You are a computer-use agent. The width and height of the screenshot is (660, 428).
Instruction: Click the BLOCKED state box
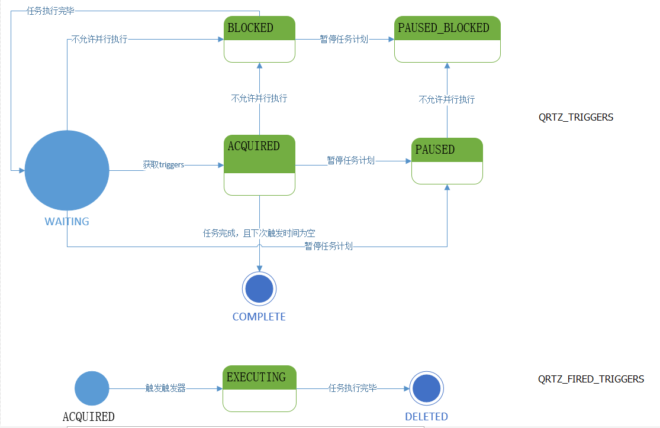tap(259, 39)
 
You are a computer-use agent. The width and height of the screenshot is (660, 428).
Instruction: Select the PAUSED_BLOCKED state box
tap(447, 39)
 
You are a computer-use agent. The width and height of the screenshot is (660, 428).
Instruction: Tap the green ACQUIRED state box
tap(259, 165)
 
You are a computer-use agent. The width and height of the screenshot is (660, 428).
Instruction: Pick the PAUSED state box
tap(447, 161)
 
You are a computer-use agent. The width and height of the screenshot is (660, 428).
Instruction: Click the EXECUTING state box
tap(259, 388)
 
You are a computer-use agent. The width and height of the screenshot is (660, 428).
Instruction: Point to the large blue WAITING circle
tap(67, 170)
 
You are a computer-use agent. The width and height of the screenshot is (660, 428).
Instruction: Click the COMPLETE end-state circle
tap(259, 289)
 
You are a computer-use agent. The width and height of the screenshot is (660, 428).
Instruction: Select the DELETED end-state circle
tap(426, 388)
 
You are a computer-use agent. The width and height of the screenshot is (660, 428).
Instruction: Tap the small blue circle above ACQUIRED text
tap(92, 388)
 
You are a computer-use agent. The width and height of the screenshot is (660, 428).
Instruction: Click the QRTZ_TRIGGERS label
tap(575, 117)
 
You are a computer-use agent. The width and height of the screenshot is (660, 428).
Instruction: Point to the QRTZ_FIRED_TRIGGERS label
tap(591, 379)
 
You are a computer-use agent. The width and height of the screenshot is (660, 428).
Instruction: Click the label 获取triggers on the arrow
tap(163, 165)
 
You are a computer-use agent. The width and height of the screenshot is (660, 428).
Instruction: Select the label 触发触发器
tap(166, 388)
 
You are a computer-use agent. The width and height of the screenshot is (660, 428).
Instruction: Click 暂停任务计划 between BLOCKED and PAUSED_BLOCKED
tap(344, 39)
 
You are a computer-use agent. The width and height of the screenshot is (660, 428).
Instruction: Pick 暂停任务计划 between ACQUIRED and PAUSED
tap(351, 160)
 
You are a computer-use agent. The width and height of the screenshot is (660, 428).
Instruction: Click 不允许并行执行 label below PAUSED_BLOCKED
tap(447, 99)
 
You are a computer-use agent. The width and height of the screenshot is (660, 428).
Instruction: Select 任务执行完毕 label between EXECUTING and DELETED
tap(353, 388)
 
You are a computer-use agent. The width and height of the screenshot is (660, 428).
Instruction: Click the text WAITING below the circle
tap(67, 222)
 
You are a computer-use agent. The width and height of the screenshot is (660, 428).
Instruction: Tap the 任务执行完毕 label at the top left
tap(50, 11)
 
